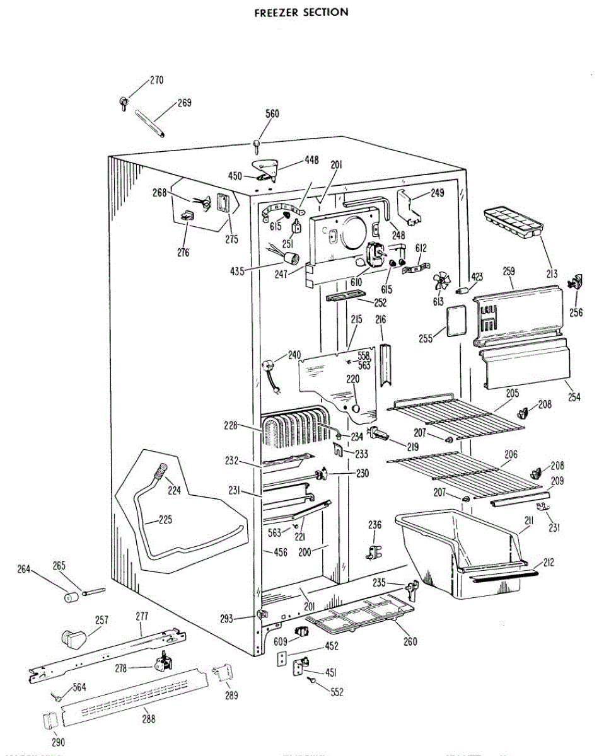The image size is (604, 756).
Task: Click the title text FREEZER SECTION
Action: pyautogui.click(x=301, y=12)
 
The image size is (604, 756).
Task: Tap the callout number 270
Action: pyautogui.click(x=156, y=80)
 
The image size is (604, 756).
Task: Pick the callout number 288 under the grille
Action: pyautogui.click(x=148, y=718)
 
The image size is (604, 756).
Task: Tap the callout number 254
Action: pyautogui.click(x=574, y=397)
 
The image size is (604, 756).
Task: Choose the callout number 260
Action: pyautogui.click(x=410, y=643)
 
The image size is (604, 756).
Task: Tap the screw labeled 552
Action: pyautogui.click(x=312, y=682)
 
